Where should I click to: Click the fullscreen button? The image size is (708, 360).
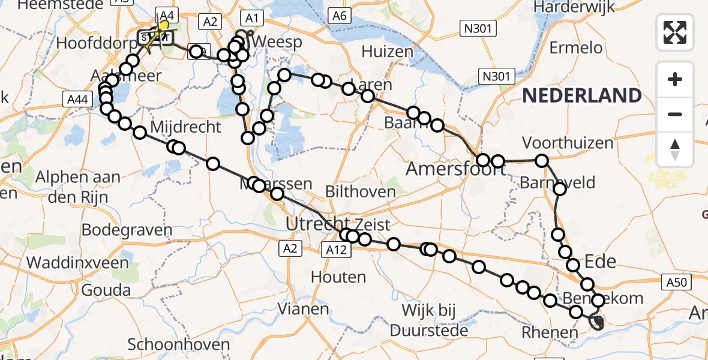point(675,32)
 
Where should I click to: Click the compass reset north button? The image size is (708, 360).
point(675,149)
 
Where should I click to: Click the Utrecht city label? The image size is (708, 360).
point(317,224)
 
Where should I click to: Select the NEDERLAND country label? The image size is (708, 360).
point(582,95)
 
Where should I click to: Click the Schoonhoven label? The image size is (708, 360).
point(179,344)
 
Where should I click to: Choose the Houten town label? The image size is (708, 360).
point(338,277)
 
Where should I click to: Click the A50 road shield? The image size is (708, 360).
point(678,280)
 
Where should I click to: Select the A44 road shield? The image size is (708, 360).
point(77,100)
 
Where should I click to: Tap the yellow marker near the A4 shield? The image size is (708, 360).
point(164,26)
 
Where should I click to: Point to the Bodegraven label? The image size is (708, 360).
point(127,230)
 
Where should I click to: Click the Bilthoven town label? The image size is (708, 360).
point(360,192)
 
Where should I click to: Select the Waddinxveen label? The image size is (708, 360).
point(77,262)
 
